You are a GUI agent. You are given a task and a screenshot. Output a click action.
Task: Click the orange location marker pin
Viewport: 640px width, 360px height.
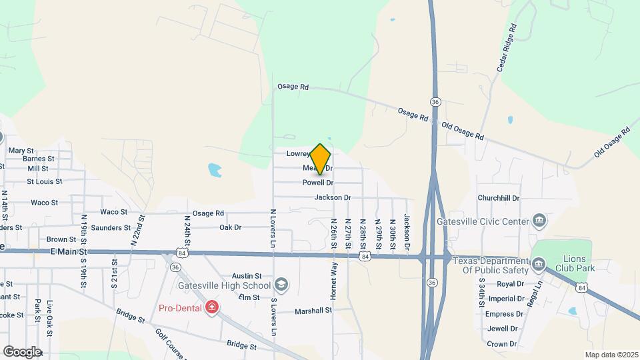point(321,159)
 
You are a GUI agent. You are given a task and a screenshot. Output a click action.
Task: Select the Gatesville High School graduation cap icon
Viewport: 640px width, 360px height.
point(281,285)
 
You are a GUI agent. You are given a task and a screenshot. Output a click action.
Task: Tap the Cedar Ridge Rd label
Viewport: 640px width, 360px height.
point(507,48)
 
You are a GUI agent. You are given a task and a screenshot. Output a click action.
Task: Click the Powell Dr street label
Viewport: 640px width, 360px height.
point(317,183)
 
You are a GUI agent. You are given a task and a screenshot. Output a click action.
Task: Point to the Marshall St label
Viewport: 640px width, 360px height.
point(313,311)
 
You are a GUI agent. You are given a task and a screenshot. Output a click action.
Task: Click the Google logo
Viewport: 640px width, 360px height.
point(22,351)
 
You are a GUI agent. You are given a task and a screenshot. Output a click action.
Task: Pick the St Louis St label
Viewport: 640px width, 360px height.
point(44,181)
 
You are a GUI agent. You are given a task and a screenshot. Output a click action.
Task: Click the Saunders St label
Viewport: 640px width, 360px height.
point(111,228)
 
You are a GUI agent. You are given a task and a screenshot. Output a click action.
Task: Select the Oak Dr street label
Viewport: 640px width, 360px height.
point(230,227)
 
